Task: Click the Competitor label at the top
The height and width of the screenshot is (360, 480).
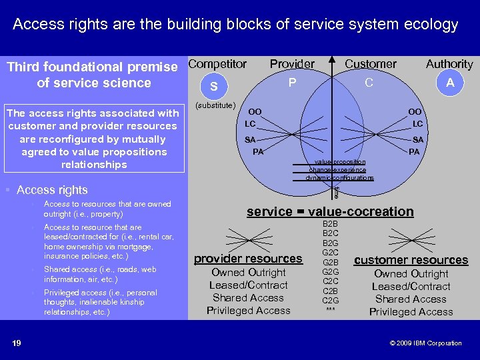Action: [x=217, y=64]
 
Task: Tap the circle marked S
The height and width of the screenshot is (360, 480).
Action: [x=213, y=87]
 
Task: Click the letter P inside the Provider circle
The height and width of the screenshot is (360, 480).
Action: [x=291, y=83]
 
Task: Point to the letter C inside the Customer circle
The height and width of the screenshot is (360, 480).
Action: [x=369, y=83]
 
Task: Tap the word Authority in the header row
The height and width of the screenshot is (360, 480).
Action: [x=449, y=64]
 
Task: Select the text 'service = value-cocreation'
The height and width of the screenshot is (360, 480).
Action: [x=330, y=212]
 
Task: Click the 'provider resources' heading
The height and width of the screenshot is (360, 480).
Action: [x=248, y=259]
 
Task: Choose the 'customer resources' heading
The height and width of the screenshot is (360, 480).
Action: [x=411, y=260]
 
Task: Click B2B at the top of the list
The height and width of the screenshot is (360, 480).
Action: [x=330, y=224]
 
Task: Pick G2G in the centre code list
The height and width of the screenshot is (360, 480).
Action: [x=330, y=272]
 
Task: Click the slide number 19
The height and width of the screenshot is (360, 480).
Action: [x=17, y=343]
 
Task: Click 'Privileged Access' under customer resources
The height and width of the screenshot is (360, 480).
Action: [x=411, y=312]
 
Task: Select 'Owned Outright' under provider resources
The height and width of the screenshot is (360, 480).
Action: [x=248, y=273]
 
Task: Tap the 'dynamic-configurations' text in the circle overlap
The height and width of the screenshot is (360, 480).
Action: [x=340, y=178]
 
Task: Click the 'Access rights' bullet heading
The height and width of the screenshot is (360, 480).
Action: [x=52, y=191]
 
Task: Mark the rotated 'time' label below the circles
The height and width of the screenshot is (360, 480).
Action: [x=336, y=192]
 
